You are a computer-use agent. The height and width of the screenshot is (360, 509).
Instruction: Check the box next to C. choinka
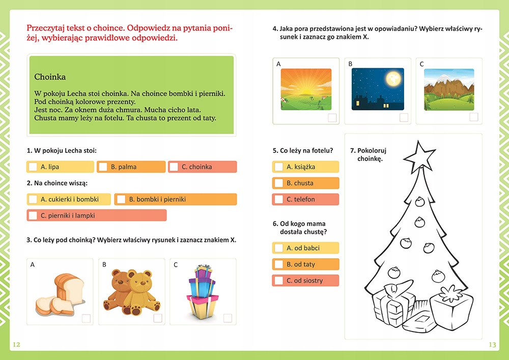pos(174,167)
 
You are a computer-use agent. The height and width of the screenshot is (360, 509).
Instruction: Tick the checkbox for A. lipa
pos(33,167)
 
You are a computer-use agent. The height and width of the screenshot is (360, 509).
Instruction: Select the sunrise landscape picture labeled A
pos(306,89)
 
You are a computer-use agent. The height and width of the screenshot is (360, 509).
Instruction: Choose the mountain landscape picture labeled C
pos(448,89)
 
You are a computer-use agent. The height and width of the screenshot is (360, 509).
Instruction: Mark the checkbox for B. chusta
pos(278,183)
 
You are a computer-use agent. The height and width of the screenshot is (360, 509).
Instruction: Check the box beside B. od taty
pos(278,264)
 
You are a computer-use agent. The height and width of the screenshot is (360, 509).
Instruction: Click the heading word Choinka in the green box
pos(50,77)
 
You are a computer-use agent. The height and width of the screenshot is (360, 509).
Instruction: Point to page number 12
pos(16,345)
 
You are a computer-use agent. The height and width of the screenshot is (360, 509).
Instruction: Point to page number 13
pos(492,345)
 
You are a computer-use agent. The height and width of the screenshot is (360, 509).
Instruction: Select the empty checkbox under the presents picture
pos(228,318)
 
